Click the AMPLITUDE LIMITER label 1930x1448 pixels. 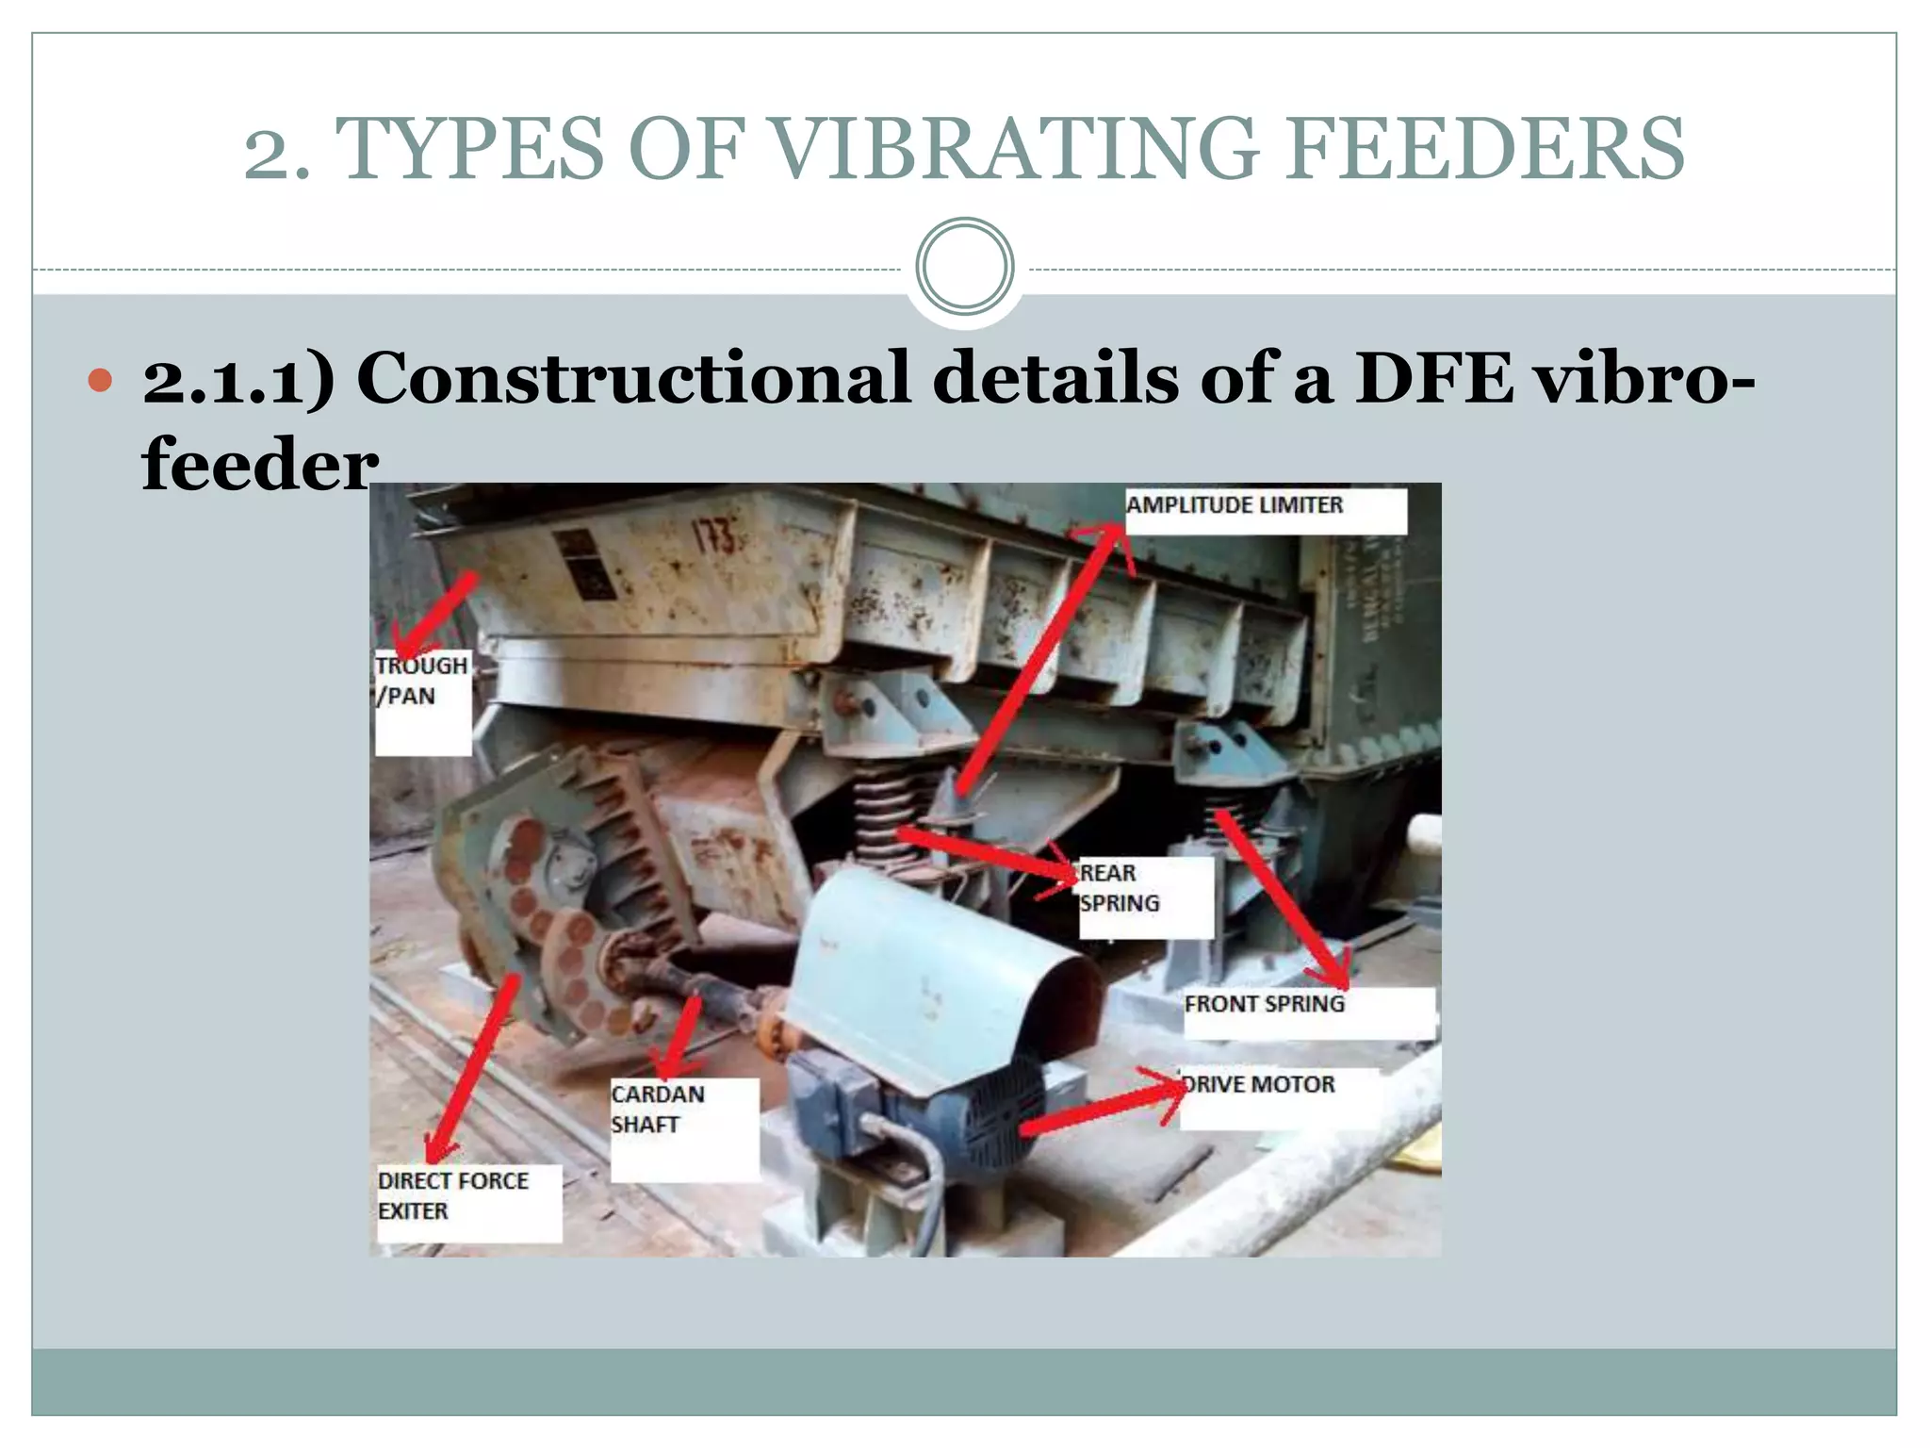tap(1235, 506)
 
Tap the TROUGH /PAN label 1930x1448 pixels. tap(420, 681)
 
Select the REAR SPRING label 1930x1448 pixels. tap(1120, 888)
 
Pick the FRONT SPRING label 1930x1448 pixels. tap(1264, 1004)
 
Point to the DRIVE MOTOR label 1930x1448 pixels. tap(1259, 1085)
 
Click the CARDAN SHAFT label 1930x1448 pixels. tap(658, 1110)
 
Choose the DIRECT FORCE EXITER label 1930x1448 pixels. tap(453, 1195)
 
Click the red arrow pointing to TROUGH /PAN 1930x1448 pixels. tap(435, 615)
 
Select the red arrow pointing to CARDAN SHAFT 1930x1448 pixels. tap(682, 1037)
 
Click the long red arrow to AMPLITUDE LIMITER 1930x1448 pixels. tap(1037, 660)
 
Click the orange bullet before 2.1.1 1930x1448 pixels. tap(100, 381)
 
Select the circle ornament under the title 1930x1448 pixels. tap(964, 267)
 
